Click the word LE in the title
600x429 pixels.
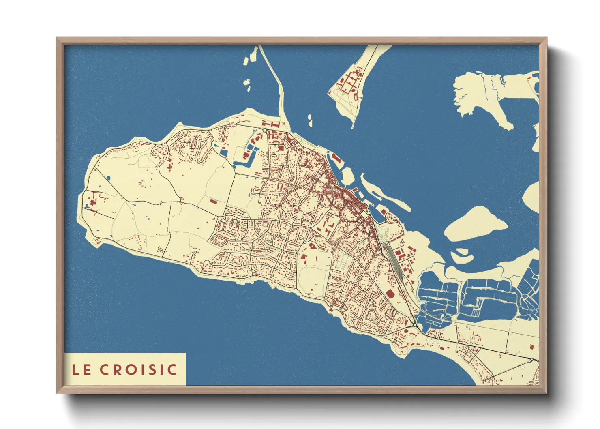(x=81, y=369)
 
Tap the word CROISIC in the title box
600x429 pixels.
(x=138, y=369)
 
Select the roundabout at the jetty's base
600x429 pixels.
(x=265, y=130)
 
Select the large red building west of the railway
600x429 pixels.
(x=389, y=294)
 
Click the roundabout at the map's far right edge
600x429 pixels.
(x=531, y=360)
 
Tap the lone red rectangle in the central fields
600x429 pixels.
(x=213, y=201)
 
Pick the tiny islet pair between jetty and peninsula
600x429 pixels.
(x=310, y=120)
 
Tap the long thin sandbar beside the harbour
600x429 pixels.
(x=385, y=195)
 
